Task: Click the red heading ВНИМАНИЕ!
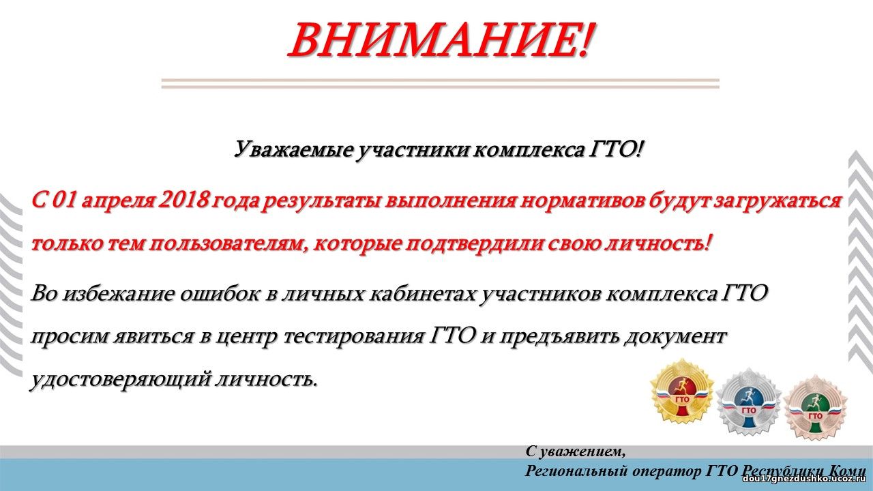(441, 40)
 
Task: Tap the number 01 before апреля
(64, 200)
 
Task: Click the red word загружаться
(775, 202)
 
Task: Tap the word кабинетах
(421, 293)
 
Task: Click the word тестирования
(353, 337)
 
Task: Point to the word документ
(674, 337)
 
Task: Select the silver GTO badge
(749, 402)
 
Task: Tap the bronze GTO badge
(815, 407)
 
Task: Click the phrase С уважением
(576, 452)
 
